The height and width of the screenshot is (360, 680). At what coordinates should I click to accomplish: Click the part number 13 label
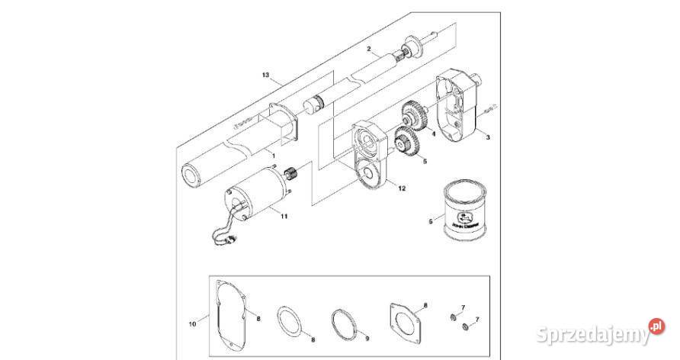click(x=266, y=75)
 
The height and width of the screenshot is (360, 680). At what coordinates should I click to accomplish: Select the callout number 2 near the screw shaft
click(x=368, y=49)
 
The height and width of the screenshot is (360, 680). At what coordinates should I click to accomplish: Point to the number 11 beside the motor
click(x=284, y=217)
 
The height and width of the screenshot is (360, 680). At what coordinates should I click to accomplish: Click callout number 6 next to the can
click(x=431, y=221)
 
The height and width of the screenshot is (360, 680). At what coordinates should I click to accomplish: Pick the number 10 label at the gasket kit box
click(x=192, y=323)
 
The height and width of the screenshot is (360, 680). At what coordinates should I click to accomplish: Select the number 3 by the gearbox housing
click(x=489, y=137)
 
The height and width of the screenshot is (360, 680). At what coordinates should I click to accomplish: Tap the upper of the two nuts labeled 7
click(x=455, y=314)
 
